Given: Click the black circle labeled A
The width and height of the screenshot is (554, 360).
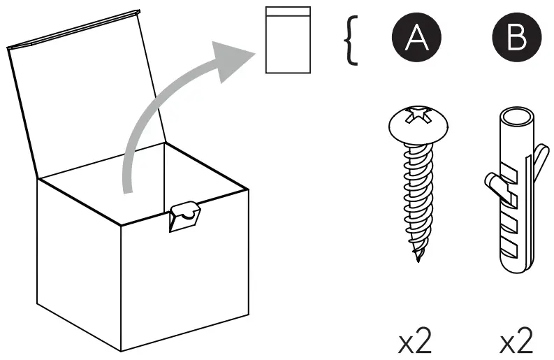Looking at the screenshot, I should pyautogui.click(x=417, y=39).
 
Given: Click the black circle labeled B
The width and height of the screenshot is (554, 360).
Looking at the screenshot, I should pyautogui.click(x=516, y=39).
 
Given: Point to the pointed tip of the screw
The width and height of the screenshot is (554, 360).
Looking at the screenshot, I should pyautogui.click(x=418, y=259).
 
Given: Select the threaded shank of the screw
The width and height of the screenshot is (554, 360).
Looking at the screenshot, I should pyautogui.click(x=417, y=196).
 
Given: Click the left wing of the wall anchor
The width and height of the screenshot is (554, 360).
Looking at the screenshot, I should pyautogui.click(x=494, y=184).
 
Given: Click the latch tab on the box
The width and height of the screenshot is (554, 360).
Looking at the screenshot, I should pyautogui.click(x=184, y=216).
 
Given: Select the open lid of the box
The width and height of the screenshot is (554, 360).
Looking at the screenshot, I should pyautogui.click(x=87, y=98).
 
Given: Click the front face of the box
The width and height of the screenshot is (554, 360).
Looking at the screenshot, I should pyautogui.click(x=185, y=280).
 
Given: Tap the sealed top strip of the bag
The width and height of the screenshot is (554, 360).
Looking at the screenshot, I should pyautogui.click(x=287, y=12).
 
